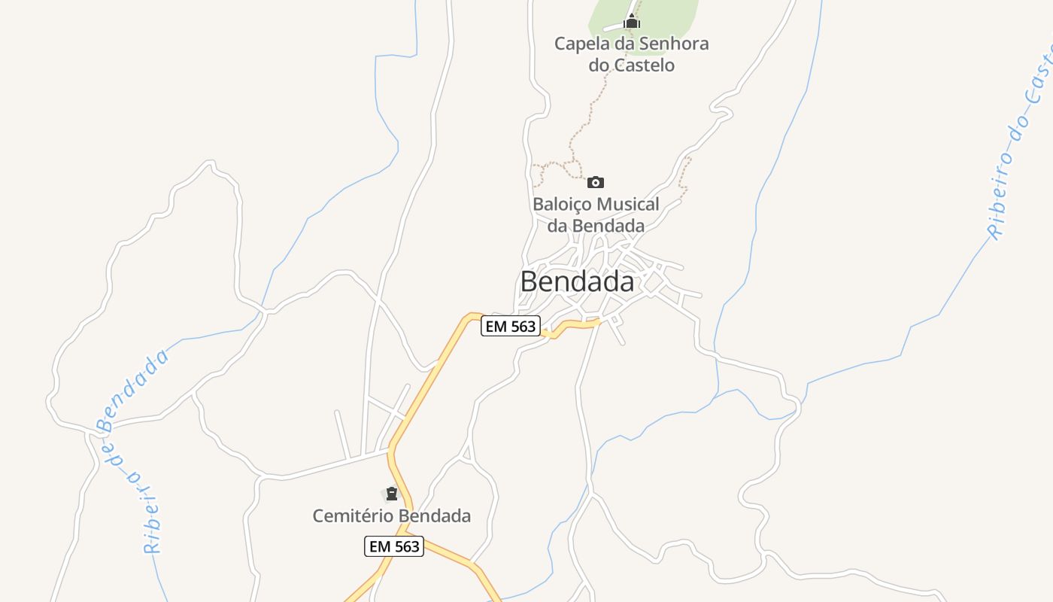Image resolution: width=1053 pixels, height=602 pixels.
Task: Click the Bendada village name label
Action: (x=577, y=282)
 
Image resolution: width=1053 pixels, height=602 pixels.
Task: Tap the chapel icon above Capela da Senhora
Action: (x=632, y=22)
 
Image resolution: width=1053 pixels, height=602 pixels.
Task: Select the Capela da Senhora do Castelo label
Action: (x=632, y=54)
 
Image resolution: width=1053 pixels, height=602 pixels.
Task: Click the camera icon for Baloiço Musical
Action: (x=596, y=182)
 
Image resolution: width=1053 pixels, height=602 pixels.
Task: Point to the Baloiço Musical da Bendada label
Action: (x=596, y=214)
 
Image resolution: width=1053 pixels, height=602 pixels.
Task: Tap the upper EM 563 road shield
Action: (x=511, y=326)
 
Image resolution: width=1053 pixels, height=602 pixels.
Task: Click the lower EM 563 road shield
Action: (x=394, y=546)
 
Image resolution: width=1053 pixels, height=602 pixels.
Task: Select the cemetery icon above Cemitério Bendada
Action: (x=391, y=494)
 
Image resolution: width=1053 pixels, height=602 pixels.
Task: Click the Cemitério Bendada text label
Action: (x=392, y=516)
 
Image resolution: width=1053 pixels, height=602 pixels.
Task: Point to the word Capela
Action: (x=579, y=44)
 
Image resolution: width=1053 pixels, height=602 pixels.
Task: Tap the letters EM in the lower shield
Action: (x=380, y=546)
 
